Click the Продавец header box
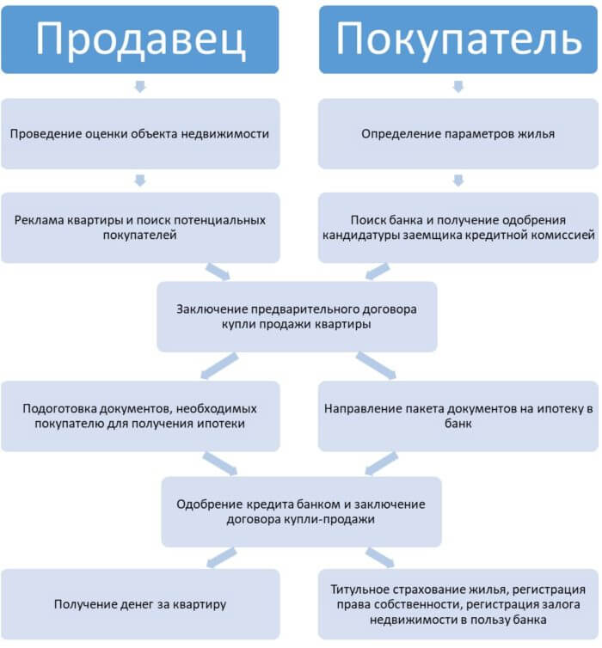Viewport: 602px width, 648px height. click(140, 40)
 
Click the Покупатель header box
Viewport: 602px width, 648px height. click(458, 40)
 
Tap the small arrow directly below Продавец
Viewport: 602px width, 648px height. click(140, 87)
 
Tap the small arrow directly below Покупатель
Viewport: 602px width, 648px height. click(458, 87)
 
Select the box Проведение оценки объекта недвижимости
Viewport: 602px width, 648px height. click(140, 133)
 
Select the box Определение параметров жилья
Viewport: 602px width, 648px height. click(458, 133)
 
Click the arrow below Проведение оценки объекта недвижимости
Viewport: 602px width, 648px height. click(140, 180)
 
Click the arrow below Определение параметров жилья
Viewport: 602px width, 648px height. click(458, 180)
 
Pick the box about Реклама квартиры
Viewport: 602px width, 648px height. click(140, 228)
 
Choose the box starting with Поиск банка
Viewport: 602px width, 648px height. click(458, 228)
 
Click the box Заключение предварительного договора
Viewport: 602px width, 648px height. click(297, 316)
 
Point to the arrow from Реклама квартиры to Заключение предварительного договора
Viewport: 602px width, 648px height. click(218, 272)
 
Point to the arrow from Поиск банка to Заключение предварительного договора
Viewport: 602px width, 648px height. click(377, 272)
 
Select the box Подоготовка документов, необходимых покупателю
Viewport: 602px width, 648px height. click(140, 416)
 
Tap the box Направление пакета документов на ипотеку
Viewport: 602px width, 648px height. click(458, 416)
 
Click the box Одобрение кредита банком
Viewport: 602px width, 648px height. click(301, 511)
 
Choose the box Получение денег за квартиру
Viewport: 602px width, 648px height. click(140, 604)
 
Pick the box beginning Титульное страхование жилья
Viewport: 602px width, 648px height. click(458, 604)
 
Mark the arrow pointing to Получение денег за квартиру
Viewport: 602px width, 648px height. click(221, 558)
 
